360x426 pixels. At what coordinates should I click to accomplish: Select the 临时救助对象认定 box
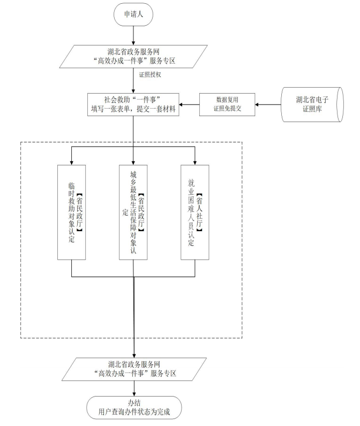pyautogui.click(x=72, y=212)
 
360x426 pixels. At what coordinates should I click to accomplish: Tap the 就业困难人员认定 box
pyautogui.click(x=195, y=212)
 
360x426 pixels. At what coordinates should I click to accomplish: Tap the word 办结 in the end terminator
pyautogui.click(x=133, y=402)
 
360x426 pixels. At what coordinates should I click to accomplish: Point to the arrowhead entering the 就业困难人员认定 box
pyautogui.click(x=195, y=161)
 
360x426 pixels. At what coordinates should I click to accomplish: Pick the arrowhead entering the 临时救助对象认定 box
pyautogui.click(x=72, y=161)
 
